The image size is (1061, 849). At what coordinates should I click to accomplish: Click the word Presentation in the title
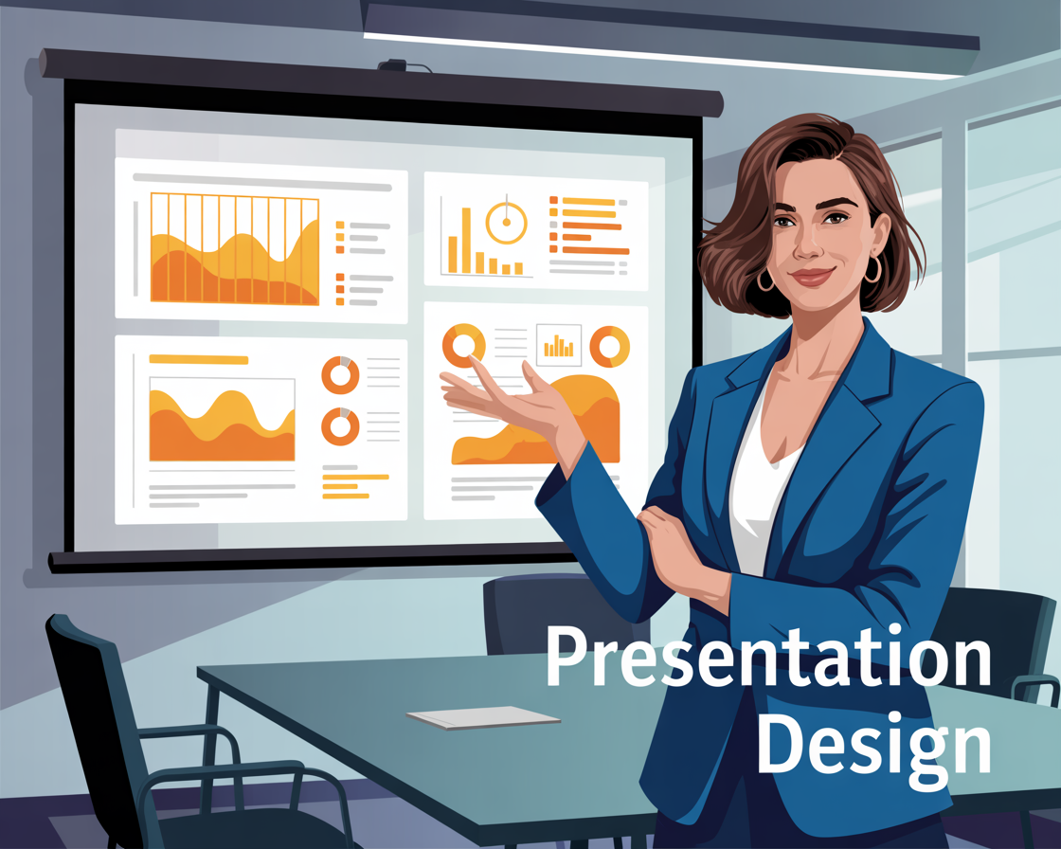point(768,657)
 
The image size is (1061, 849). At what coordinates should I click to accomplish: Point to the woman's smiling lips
point(812,277)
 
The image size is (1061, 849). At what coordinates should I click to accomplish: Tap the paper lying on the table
point(483,717)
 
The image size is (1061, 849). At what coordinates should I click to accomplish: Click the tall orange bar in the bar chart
point(465,240)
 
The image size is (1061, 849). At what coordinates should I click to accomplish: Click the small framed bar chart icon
point(558,345)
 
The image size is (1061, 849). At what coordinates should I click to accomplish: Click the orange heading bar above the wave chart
point(198,359)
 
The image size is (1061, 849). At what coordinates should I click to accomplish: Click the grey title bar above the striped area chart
point(261,181)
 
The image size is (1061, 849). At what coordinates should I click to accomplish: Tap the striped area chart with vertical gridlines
point(234,248)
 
